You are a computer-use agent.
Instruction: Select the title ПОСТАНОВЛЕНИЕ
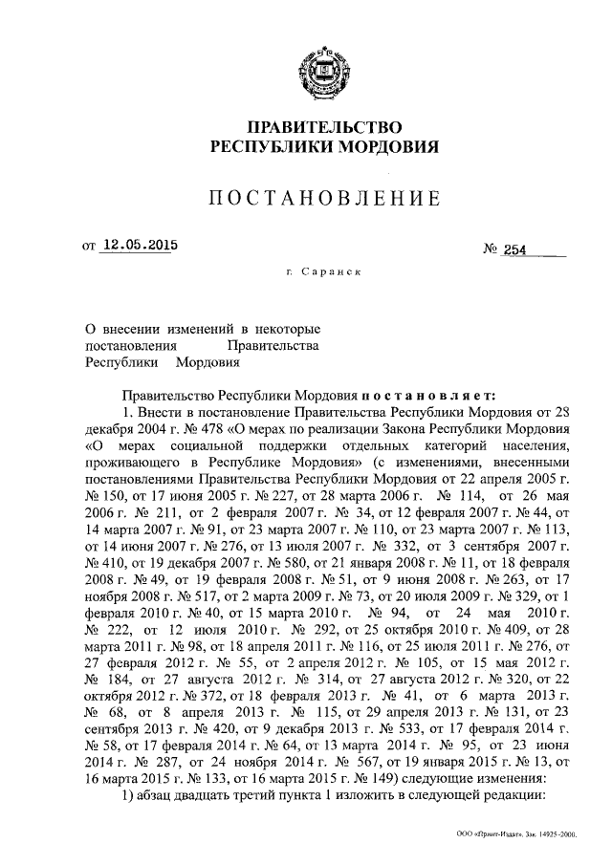[x=324, y=199]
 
